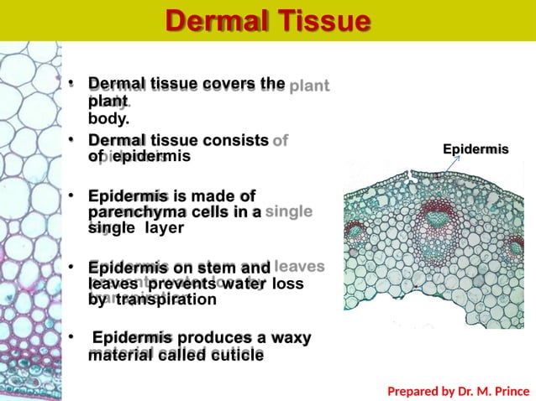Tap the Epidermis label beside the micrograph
pyautogui.click(x=476, y=149)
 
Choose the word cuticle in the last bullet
pyautogui.click(x=235, y=355)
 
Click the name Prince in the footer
pyautogui.click(x=510, y=390)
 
